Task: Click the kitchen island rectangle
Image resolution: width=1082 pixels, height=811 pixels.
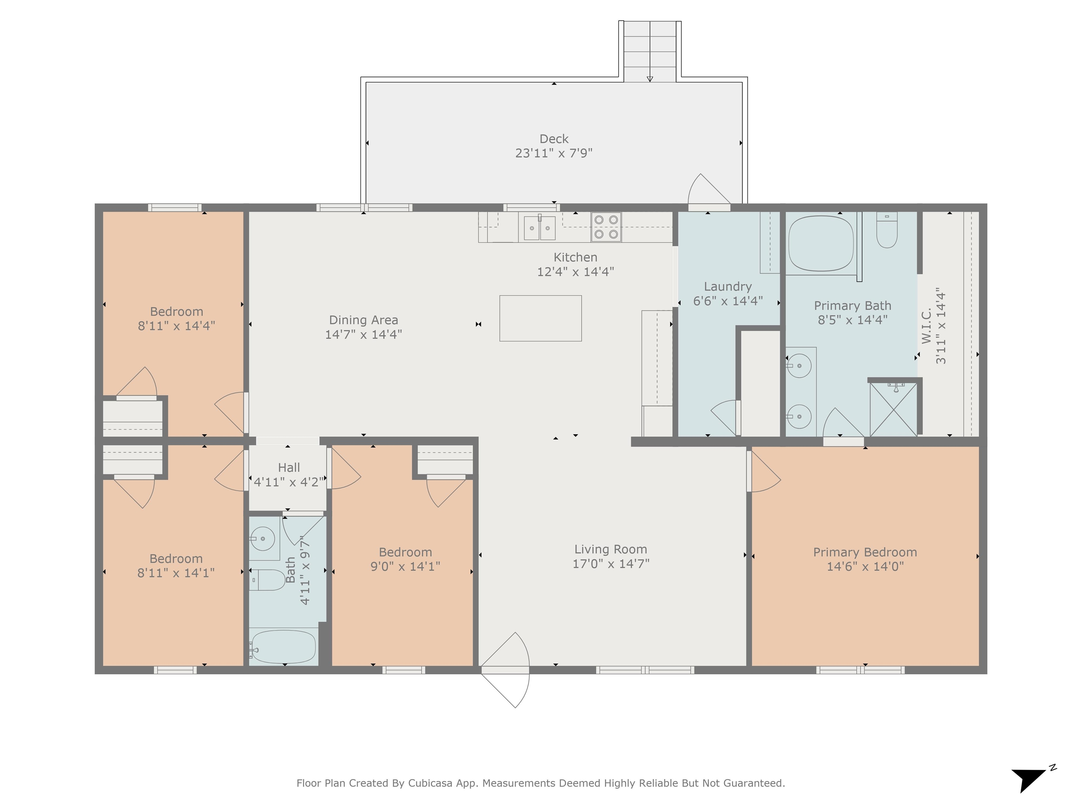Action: coord(541,318)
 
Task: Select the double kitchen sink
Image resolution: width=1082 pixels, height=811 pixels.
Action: coord(540,227)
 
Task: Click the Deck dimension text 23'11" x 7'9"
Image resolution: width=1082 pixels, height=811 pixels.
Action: coord(554,153)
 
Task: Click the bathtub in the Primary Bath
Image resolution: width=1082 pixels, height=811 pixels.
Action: coord(821,243)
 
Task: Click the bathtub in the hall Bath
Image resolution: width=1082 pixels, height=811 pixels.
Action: coord(283,646)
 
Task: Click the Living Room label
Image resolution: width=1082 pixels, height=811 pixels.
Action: coord(610,549)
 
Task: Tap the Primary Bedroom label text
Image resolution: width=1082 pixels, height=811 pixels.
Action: coord(865,552)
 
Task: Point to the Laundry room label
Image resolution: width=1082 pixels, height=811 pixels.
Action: coord(728,287)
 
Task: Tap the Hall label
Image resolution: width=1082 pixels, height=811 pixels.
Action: coord(288,467)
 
